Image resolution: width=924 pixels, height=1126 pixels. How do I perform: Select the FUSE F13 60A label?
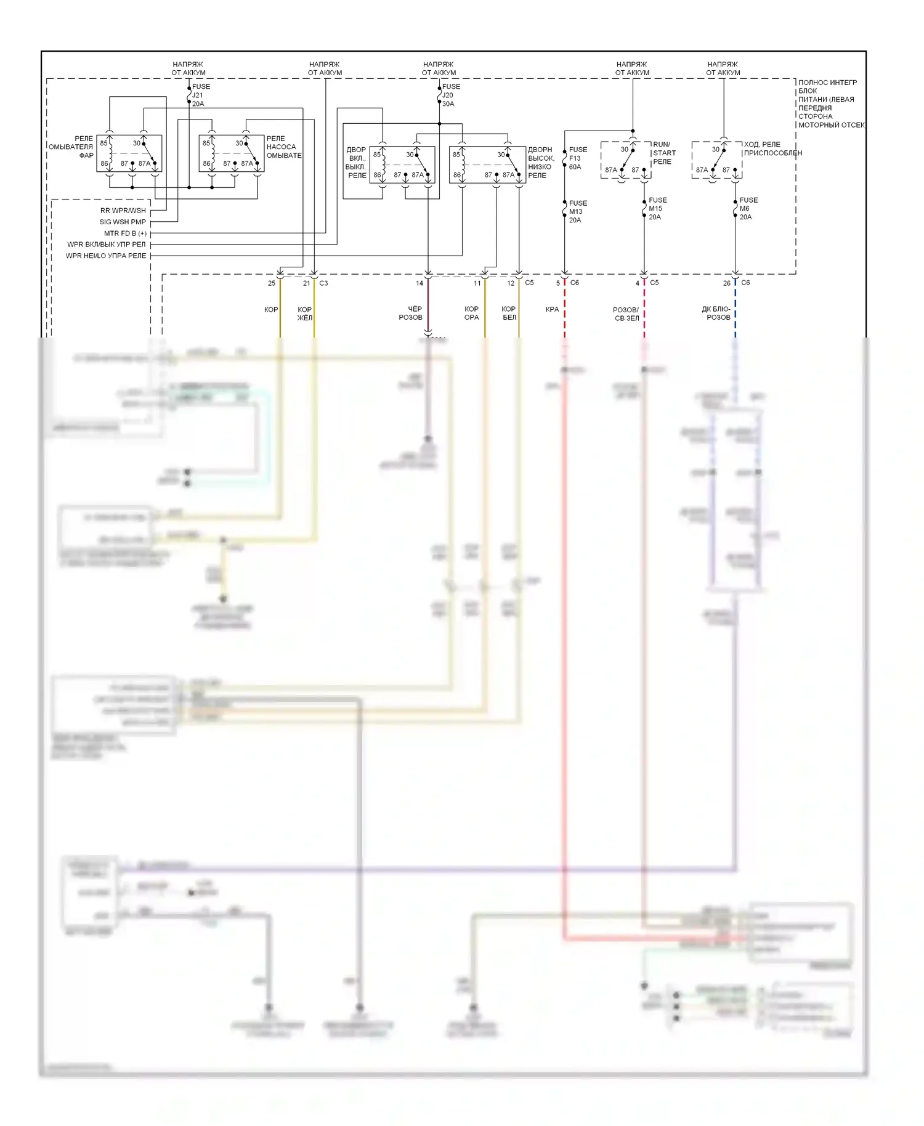pyautogui.click(x=578, y=158)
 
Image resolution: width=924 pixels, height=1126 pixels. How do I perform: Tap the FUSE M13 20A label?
pyautogui.click(x=578, y=211)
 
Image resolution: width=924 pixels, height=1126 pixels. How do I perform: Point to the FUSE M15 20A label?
pyautogui.click(x=657, y=209)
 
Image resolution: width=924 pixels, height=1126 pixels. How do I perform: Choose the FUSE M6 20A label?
pyautogui.click(x=748, y=209)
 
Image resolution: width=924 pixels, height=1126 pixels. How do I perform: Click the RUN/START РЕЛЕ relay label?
pyautogui.click(x=664, y=153)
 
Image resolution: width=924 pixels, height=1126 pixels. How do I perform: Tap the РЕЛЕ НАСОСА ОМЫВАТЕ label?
pyautogui.click(x=283, y=147)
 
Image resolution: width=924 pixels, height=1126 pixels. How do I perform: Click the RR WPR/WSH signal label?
pyautogui.click(x=123, y=211)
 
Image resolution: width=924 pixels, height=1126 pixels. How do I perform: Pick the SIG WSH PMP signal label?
pyautogui.click(x=123, y=222)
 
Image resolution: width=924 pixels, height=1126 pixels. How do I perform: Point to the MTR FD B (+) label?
pyautogui.click(x=125, y=233)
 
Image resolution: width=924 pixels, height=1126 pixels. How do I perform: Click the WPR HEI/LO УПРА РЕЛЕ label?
pyautogui.click(x=106, y=256)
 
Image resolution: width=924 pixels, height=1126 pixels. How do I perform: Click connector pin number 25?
pyautogui.click(x=272, y=283)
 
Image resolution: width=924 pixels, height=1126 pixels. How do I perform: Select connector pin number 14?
pyautogui.click(x=419, y=283)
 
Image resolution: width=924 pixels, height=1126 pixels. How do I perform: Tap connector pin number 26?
pyautogui.click(x=727, y=283)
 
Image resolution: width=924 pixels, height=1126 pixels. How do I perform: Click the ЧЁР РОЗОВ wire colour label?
pyautogui.click(x=411, y=313)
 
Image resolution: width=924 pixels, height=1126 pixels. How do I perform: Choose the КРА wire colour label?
pyautogui.click(x=552, y=309)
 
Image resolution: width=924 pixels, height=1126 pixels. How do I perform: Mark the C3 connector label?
pyautogui.click(x=323, y=283)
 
